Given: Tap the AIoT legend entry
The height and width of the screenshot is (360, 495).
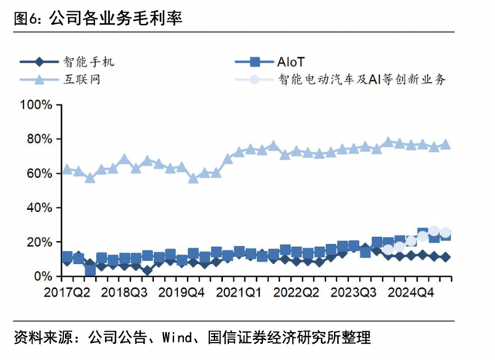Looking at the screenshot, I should [x=292, y=61].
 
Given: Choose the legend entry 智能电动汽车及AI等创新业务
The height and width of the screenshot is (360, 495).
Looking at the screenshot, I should [x=361, y=79].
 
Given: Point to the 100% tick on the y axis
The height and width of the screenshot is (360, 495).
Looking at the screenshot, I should [x=36, y=105].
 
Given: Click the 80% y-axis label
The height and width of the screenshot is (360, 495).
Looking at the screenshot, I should [x=39, y=139].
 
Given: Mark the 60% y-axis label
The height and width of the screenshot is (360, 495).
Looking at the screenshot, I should [x=39, y=173].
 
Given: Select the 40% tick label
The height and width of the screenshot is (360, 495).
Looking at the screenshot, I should [x=39, y=207].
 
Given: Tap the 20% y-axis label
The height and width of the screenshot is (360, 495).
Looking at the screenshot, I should [x=39, y=242].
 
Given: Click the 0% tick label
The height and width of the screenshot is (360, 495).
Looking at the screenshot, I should [x=42, y=276].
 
